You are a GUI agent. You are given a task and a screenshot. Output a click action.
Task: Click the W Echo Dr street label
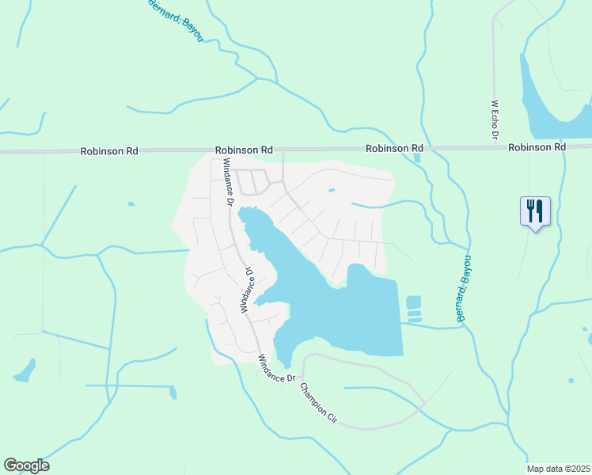point(494,120)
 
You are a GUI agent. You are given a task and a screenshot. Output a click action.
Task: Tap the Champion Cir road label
point(318,405)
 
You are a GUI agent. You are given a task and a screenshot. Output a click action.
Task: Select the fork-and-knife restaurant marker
point(535,211)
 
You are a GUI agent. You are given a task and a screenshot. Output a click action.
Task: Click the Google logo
point(26,465)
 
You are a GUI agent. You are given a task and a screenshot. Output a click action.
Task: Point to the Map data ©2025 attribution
point(558,469)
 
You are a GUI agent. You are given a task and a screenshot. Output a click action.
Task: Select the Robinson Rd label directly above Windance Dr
point(244,149)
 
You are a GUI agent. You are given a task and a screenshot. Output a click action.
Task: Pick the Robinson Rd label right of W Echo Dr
point(537,147)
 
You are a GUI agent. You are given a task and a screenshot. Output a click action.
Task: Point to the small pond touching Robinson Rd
point(416,157)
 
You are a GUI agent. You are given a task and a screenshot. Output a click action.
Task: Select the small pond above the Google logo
point(25,370)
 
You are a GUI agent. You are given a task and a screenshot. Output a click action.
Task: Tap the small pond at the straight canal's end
point(173,391)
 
